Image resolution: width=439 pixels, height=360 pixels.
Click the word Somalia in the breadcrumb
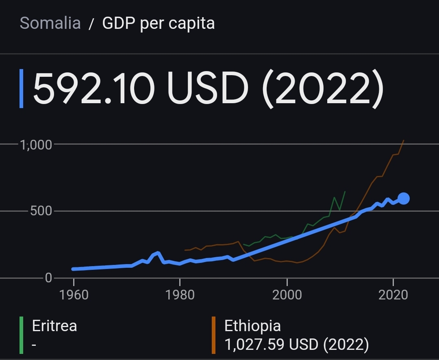tap(50, 23)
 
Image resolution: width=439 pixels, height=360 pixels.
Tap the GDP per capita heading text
tap(159, 23)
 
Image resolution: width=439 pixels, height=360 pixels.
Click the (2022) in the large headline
tap(323, 89)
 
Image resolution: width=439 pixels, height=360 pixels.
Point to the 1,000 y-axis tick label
tap(36, 145)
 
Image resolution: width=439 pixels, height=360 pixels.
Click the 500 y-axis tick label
tap(41, 211)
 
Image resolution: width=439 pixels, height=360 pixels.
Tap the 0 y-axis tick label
tap(49, 278)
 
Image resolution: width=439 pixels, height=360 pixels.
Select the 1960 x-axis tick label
tap(74, 295)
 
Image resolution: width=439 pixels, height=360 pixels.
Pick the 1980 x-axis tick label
tap(180, 295)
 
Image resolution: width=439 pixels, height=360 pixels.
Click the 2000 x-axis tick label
tap(287, 295)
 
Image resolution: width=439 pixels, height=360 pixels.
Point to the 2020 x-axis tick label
tap(393, 295)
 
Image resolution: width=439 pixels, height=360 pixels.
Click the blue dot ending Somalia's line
tap(404, 198)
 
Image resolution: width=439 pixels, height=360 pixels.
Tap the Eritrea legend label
tap(54, 326)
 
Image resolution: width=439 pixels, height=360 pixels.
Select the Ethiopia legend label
tap(252, 326)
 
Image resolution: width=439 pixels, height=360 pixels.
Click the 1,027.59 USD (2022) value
tap(297, 345)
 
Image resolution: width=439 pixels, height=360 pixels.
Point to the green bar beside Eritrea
tap(22, 335)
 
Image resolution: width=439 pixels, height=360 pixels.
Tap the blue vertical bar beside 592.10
tap(22, 89)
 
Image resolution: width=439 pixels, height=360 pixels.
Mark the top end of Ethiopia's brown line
tap(404, 140)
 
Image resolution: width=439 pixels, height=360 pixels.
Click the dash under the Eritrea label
tap(35, 345)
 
